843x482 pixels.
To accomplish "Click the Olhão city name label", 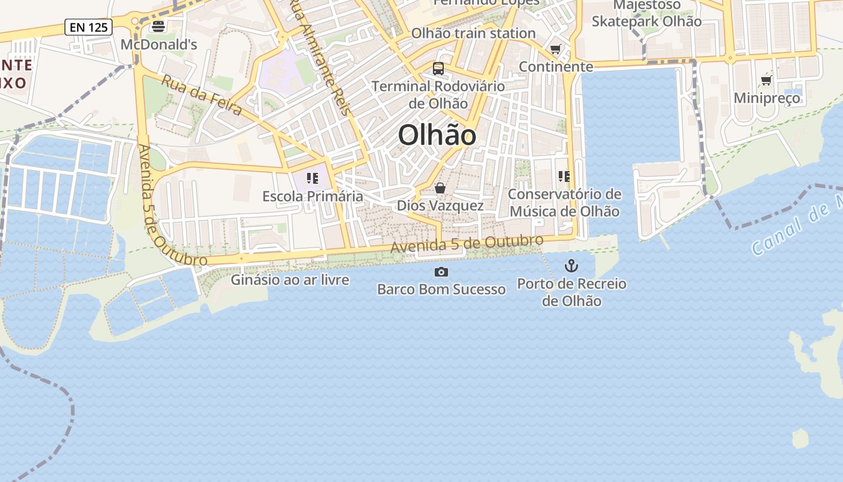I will point(437,135).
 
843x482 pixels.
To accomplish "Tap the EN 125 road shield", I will point(89,27).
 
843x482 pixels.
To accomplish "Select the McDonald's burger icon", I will point(158,26).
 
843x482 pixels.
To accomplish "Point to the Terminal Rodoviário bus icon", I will point(438,69).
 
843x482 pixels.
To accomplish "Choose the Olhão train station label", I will point(473,33).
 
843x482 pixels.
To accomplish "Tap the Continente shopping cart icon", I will point(555,49).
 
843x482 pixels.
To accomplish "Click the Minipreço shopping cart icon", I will point(767,80).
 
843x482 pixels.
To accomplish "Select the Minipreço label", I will point(767,98).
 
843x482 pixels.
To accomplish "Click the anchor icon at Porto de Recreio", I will point(571,265).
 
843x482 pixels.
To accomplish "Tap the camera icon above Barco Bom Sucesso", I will point(441,272).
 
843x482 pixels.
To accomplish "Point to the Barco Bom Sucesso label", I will point(441,289).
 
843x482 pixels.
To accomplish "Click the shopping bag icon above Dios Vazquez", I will point(440,189).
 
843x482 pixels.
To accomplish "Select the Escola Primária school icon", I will point(312,178).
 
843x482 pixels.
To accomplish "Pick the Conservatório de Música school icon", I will point(564,177).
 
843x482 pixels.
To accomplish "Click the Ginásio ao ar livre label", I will point(290,280).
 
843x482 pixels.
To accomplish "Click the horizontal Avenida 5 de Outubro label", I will point(467,243).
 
